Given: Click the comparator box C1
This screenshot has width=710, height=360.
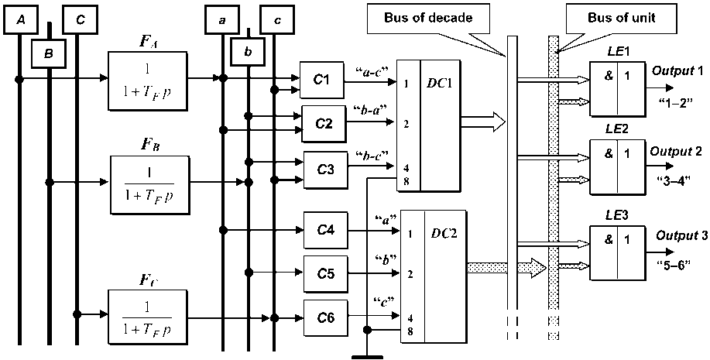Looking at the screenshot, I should click(x=321, y=80).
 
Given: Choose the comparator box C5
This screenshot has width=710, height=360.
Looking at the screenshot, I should click(x=325, y=273).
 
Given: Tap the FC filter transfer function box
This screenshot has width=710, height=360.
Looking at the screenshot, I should click(x=148, y=314).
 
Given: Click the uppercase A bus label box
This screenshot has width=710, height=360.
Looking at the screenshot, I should click(x=21, y=20).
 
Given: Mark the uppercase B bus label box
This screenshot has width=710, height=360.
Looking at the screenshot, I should click(x=48, y=53).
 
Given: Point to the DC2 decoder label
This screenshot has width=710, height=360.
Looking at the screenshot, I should click(x=443, y=233).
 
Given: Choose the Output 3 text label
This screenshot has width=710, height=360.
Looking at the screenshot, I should click(x=681, y=235).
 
